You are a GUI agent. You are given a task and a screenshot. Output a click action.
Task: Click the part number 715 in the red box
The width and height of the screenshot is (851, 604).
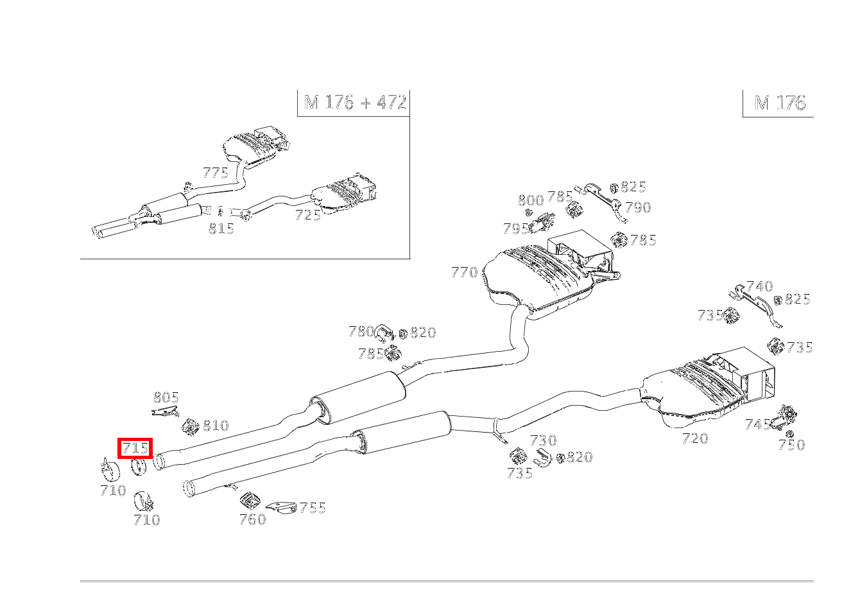click(135, 448)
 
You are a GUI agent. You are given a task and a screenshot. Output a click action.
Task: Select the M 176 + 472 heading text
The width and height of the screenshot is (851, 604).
click(355, 102)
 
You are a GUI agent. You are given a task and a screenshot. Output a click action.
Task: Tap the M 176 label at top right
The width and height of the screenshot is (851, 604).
click(780, 103)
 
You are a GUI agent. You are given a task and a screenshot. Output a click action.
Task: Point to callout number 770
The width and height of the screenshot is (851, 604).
click(464, 272)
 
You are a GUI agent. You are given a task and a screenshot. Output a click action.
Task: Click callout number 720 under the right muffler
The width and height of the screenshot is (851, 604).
click(695, 438)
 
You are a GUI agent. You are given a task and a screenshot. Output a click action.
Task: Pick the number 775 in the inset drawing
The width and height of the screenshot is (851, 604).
click(216, 173)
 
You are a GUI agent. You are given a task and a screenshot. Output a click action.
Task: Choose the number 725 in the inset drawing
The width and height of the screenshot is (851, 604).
click(307, 215)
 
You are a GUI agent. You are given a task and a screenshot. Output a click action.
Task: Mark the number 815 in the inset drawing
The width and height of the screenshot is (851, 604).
click(221, 229)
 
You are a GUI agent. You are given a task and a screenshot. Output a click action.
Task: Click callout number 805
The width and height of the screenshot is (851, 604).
click(166, 397)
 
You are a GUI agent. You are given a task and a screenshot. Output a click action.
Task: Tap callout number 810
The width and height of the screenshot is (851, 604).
click(216, 425)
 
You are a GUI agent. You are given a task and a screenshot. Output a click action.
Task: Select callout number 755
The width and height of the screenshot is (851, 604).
click(313, 508)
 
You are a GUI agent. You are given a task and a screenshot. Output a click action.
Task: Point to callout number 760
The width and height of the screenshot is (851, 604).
click(253, 519)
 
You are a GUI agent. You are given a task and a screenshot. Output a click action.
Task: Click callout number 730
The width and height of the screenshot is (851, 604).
click(544, 440)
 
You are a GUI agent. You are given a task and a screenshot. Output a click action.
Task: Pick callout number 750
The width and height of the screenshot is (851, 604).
click(792, 444)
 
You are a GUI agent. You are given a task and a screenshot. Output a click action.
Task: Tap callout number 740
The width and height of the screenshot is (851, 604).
click(760, 286)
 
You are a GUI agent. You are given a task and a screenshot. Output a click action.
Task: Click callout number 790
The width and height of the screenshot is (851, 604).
click(638, 207)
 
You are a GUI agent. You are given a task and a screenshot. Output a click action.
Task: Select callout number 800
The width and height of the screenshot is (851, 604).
click(531, 200)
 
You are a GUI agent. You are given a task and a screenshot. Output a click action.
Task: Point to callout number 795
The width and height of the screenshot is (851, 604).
click(515, 229)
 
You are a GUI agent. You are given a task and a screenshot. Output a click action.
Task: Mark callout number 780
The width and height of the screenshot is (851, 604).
click(361, 331)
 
